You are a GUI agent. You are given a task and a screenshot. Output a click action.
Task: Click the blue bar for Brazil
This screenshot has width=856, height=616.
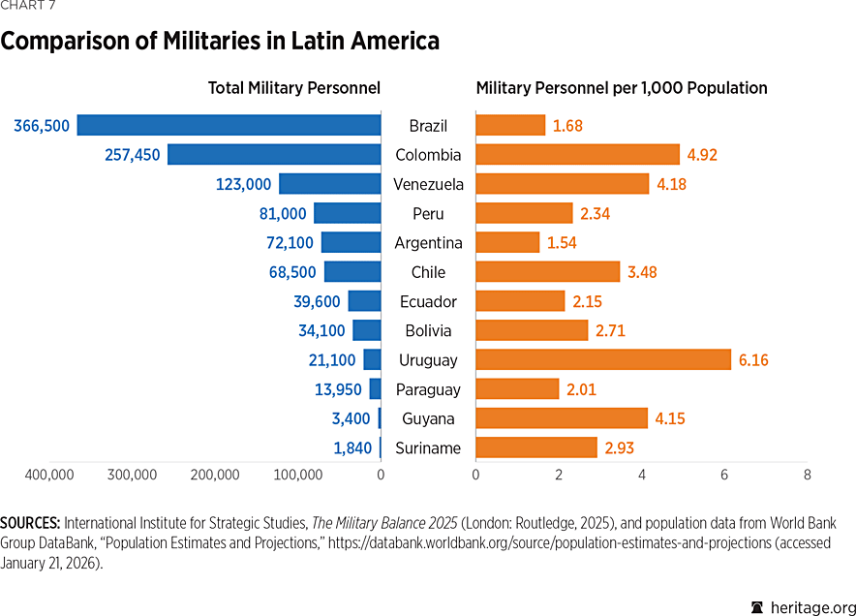(x=229, y=125)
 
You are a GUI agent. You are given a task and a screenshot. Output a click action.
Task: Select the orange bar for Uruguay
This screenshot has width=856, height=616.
(x=602, y=359)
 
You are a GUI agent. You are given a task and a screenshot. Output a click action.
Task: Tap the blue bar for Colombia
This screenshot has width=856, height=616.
(x=274, y=154)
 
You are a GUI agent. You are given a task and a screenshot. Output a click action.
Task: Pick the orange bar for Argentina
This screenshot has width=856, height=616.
(x=507, y=242)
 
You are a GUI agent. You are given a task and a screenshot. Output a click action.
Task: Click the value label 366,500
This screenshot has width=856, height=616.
(x=42, y=125)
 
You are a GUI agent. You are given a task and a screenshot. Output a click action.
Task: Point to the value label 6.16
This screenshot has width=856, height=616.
(x=753, y=359)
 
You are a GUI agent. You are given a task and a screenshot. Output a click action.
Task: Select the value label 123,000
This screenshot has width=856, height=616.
(x=243, y=184)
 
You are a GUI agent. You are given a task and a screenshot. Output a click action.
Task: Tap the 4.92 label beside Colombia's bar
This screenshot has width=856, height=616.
(x=702, y=154)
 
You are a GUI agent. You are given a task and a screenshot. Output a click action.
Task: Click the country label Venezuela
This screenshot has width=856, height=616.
(x=428, y=184)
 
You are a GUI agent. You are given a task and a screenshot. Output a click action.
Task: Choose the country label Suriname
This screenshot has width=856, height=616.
(x=428, y=447)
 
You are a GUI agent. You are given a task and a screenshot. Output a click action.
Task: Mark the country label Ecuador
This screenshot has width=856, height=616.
(x=428, y=301)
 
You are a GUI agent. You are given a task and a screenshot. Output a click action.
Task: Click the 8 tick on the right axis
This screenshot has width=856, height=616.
(x=807, y=475)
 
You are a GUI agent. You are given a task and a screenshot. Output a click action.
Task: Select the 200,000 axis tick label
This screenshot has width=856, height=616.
(x=215, y=475)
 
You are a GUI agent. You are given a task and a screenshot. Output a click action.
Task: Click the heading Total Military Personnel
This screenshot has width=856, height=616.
(x=294, y=88)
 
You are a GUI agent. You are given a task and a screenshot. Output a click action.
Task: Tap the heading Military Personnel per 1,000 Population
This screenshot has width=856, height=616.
(x=622, y=88)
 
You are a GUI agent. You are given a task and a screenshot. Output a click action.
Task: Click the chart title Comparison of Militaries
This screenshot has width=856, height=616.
(x=220, y=42)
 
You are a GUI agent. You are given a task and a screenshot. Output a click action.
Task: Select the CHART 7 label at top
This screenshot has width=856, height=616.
(x=28, y=8)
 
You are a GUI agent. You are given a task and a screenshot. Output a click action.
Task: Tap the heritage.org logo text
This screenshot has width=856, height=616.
(x=803, y=605)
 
